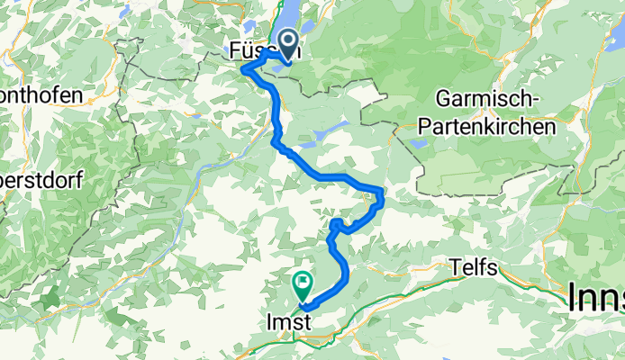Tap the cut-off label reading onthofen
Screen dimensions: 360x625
[x=41, y=94]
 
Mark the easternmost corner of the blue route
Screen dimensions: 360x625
[x=383, y=196]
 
